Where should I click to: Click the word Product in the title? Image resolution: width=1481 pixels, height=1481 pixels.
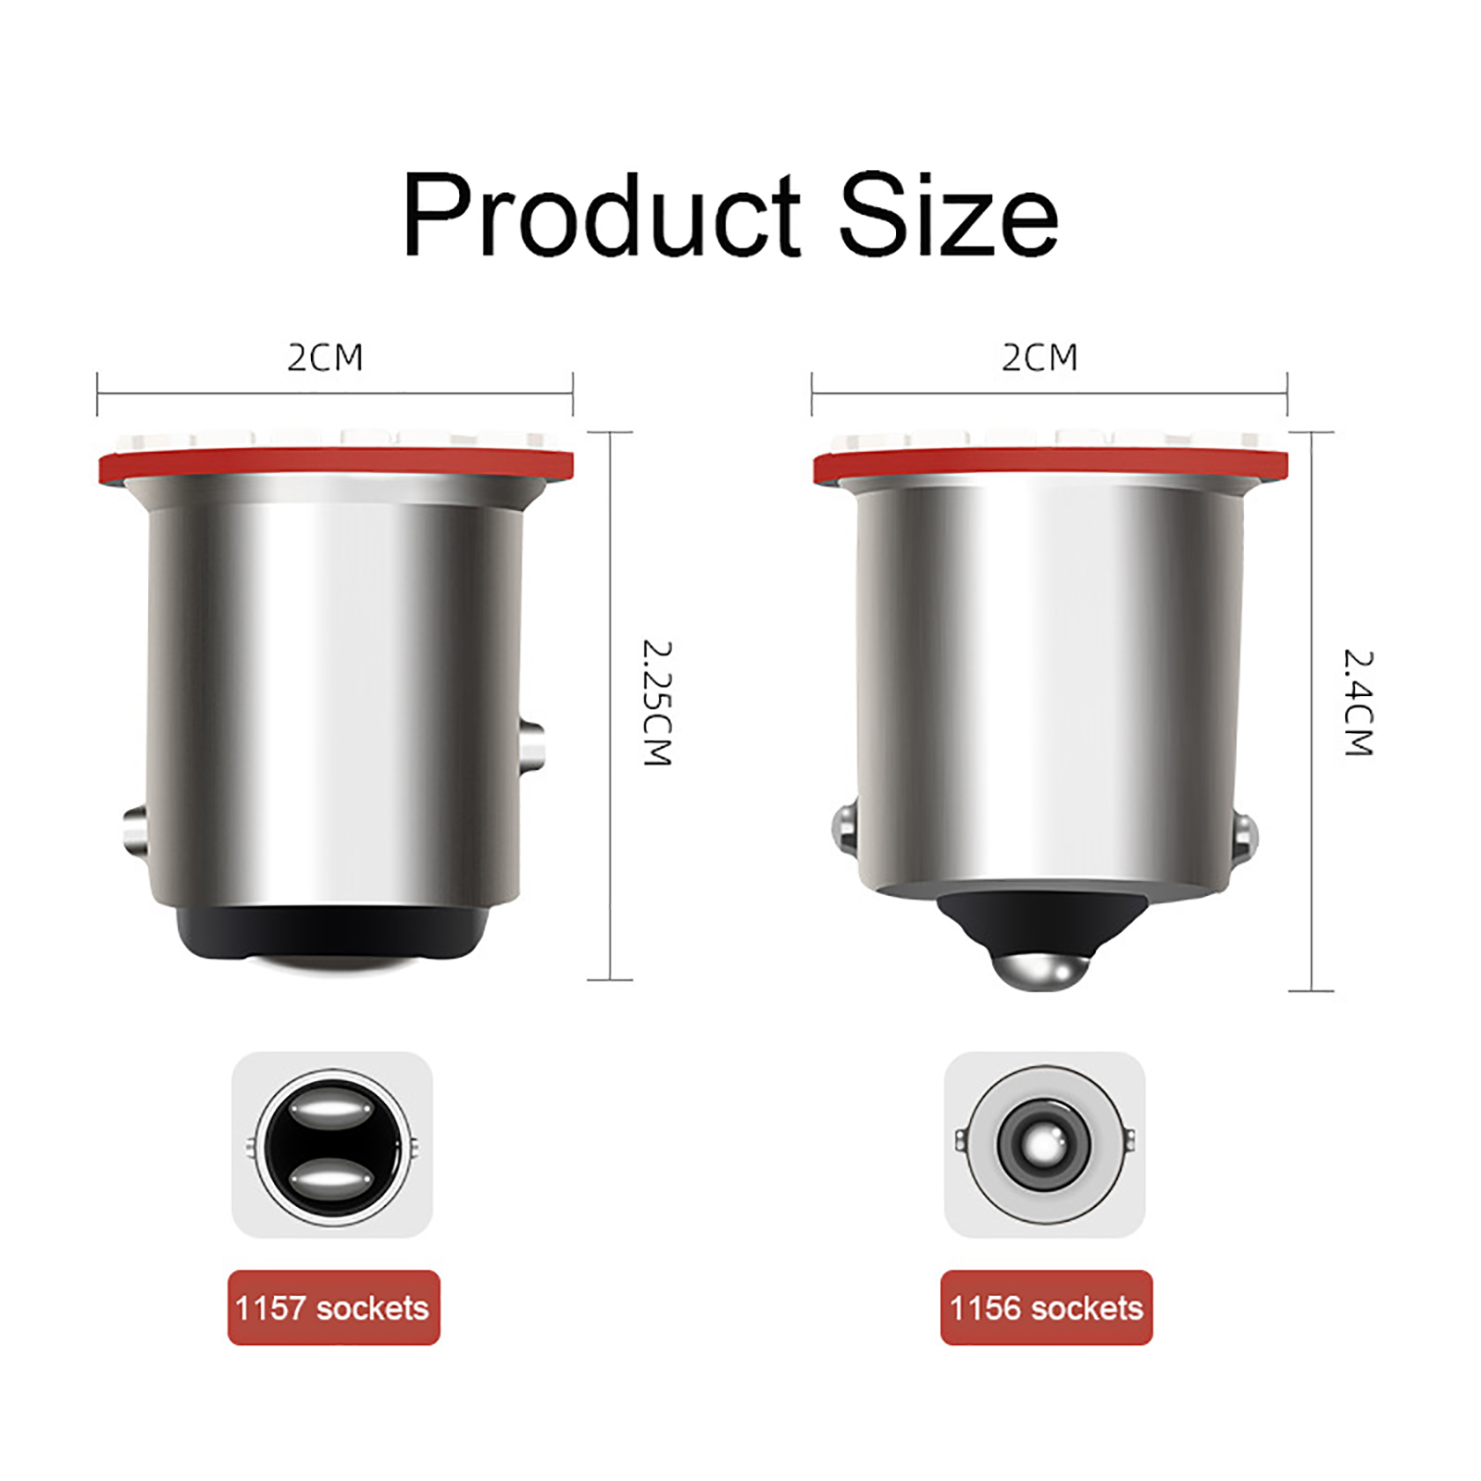[x=602, y=215]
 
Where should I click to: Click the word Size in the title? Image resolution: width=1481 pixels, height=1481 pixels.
[x=949, y=215]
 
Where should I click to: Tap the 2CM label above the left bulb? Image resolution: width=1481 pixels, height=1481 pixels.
[x=325, y=357]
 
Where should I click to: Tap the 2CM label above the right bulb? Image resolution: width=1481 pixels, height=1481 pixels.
[x=1039, y=357]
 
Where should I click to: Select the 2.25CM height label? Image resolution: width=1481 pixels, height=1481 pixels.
[x=656, y=703]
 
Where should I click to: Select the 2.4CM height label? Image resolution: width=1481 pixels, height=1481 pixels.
[x=1358, y=703]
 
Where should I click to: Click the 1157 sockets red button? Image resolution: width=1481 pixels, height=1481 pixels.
[x=333, y=1307]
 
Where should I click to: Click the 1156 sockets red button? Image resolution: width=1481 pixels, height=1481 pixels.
[x=1046, y=1307]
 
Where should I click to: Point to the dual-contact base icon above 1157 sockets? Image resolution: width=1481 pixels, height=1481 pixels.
[x=332, y=1145]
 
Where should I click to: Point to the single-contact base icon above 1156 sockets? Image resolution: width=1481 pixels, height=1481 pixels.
[x=1044, y=1145]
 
